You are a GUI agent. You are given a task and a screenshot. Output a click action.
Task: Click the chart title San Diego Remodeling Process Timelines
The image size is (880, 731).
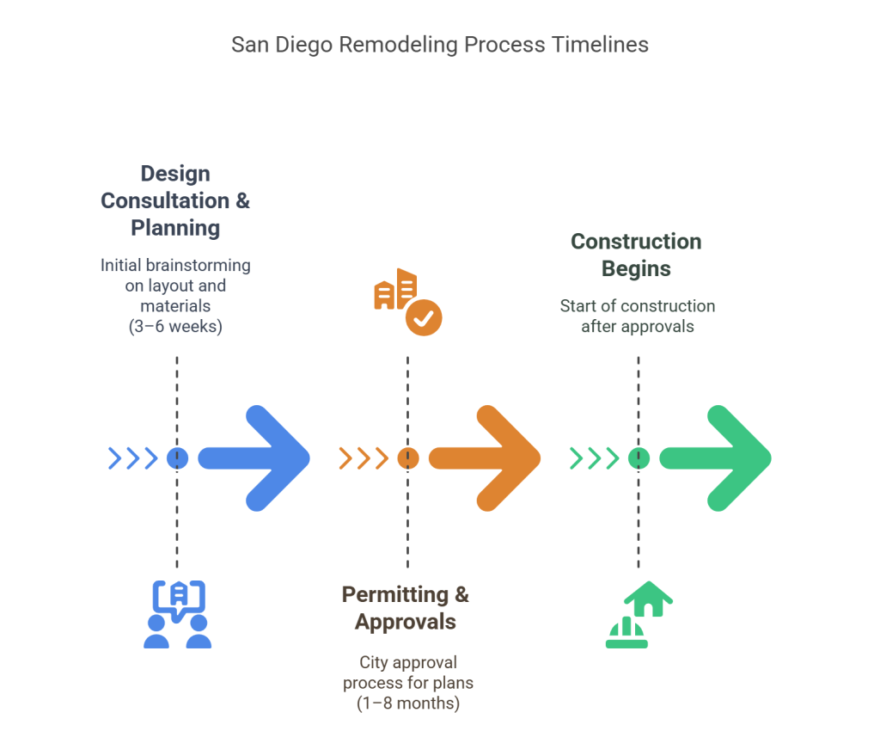440,45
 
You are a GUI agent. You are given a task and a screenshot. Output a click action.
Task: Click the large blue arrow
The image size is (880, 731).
254,458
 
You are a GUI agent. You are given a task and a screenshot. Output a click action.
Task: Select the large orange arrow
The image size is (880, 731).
485,458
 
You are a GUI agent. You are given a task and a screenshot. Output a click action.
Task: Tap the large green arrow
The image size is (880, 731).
716,458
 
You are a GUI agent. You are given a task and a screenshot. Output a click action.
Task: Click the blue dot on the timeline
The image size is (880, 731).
177,458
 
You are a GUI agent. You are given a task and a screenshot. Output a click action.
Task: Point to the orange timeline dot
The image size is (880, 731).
408,458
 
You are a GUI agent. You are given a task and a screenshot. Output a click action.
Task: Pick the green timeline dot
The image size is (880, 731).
639,458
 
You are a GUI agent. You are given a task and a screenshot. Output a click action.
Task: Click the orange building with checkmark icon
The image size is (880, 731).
408,302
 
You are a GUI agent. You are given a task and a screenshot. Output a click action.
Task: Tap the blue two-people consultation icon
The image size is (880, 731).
177,614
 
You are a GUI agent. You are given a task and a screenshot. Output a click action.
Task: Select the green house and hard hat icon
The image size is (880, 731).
639,614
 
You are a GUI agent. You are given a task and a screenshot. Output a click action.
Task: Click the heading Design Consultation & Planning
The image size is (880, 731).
175,200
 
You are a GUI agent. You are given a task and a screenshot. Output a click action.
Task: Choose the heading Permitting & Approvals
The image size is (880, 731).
406,608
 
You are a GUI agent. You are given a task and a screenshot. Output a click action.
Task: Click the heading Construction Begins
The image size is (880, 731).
637,255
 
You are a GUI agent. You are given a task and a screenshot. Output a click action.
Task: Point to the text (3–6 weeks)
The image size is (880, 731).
175,326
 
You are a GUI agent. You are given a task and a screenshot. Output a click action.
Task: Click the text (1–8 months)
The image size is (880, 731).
408,703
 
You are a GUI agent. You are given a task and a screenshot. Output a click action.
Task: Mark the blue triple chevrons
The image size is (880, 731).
133,458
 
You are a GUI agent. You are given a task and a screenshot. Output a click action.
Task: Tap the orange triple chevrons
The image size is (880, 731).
364,458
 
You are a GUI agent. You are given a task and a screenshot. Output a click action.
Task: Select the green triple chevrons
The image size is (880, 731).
595,458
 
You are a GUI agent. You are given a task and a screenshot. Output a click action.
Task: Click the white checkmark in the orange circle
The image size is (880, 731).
424,318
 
